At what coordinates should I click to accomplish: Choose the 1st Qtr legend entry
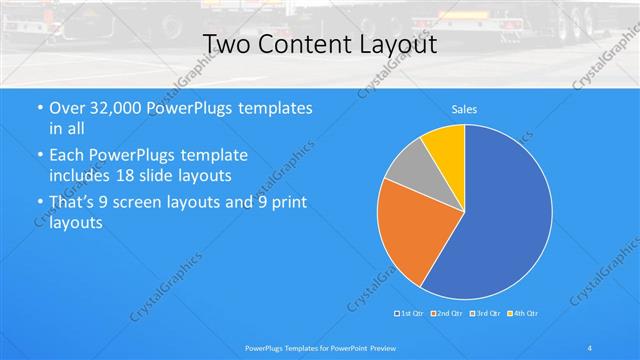(x=411, y=314)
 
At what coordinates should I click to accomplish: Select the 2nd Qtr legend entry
(x=448, y=314)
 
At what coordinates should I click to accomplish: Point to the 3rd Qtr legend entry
(x=485, y=314)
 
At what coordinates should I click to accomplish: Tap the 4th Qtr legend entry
(x=522, y=314)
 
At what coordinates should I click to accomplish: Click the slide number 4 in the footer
(x=590, y=347)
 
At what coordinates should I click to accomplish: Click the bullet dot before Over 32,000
(x=38, y=108)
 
